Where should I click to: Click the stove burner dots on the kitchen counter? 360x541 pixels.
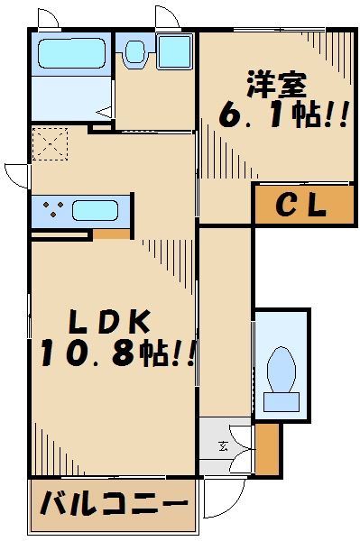pos(51,211)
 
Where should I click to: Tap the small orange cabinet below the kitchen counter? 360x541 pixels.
pos(112,234)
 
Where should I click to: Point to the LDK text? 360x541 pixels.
pos(103,321)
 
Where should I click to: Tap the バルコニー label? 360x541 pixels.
pos(113,503)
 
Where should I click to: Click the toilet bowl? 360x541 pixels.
pos(282,370)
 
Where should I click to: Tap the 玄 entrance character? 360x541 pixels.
pos(224,445)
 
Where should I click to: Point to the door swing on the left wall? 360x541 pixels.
pos(15,173)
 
